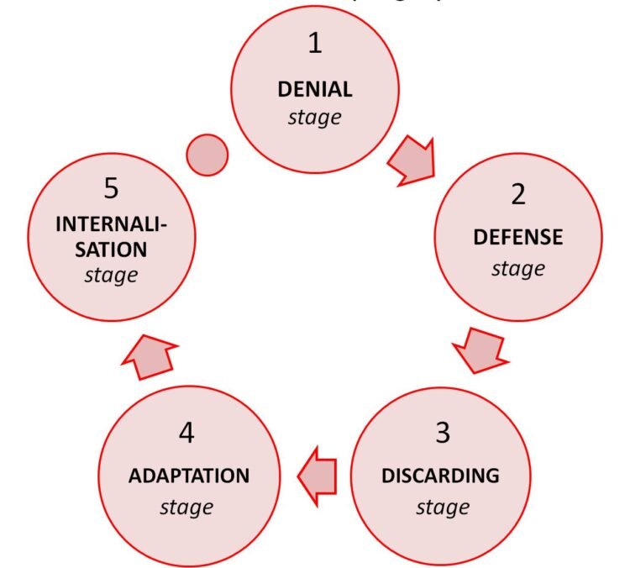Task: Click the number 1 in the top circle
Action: click(x=315, y=44)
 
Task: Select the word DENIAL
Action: click(x=315, y=89)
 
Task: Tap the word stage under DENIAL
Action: click(x=315, y=117)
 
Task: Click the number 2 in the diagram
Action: click(x=518, y=195)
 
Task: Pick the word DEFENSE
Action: click(x=518, y=238)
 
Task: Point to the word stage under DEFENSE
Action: click(x=518, y=269)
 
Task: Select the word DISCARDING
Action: click(x=441, y=476)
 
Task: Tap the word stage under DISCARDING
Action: click(x=441, y=507)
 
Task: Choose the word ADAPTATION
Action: click(x=189, y=476)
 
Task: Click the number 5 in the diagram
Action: click(x=111, y=188)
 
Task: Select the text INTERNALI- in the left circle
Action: click(x=111, y=224)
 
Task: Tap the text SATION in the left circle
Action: click(x=111, y=250)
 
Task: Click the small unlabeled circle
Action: click(x=206, y=155)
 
